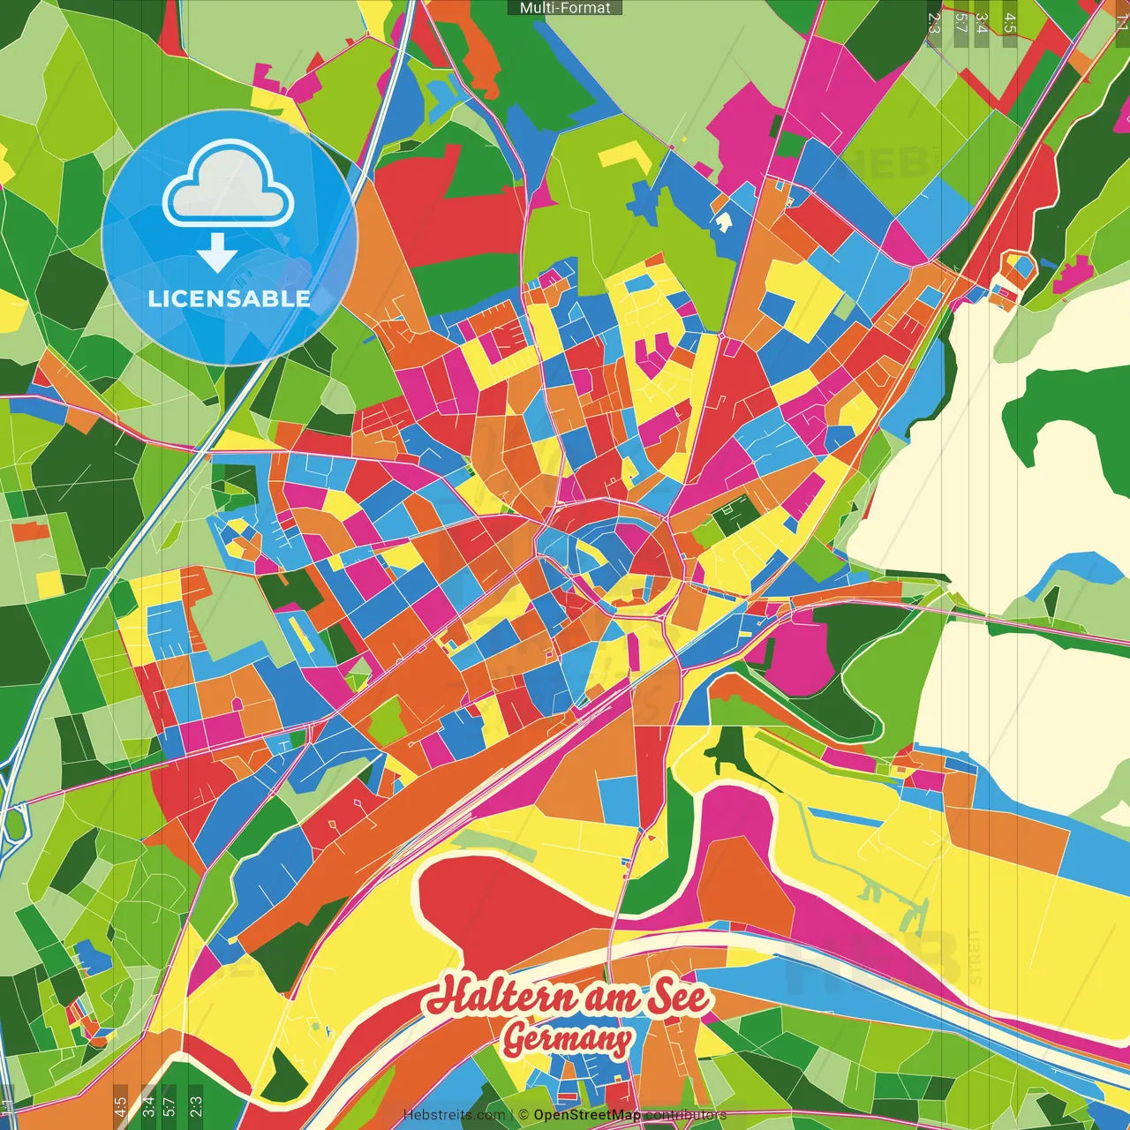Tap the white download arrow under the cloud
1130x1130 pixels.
[217, 252]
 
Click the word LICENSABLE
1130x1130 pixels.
[230, 298]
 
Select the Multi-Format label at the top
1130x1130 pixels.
[565, 8]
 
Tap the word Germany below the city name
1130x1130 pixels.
[568, 1039]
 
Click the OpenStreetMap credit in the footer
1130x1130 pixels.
[587, 1115]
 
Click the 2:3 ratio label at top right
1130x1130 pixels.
[934, 22]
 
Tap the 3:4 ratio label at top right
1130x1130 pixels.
[983, 22]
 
